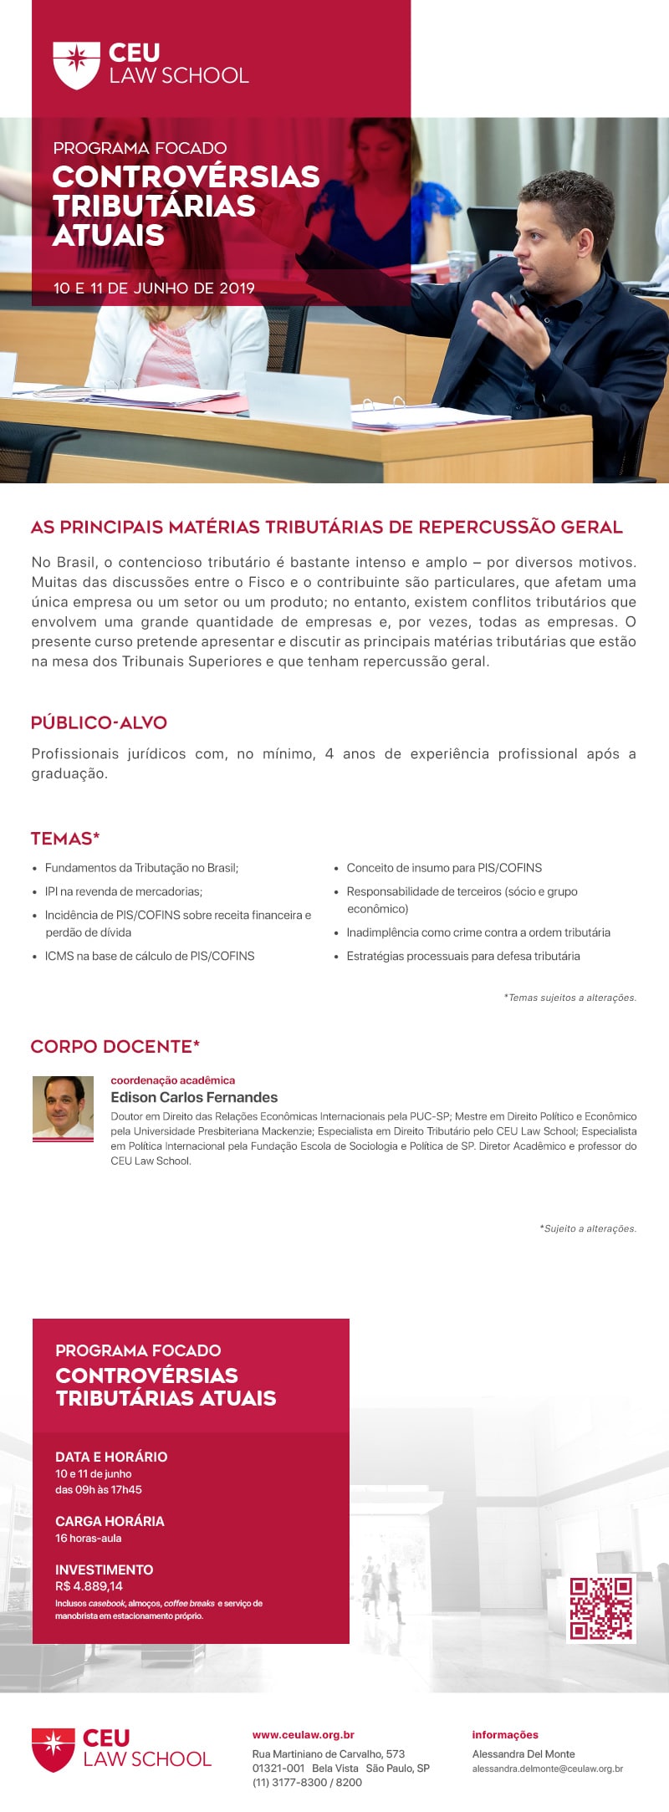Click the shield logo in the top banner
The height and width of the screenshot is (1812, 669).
pyautogui.click(x=76, y=64)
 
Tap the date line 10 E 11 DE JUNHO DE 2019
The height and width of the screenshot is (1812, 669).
pyautogui.click(x=154, y=288)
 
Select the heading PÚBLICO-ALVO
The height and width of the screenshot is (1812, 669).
pyautogui.click(x=99, y=722)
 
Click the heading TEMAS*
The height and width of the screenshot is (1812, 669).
pyautogui.click(x=65, y=839)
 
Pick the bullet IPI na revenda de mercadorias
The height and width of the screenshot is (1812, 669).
pyautogui.click(x=124, y=891)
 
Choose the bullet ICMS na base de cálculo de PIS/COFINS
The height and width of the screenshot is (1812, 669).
pyautogui.click(x=150, y=956)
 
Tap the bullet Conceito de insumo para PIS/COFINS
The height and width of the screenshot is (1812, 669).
pyautogui.click(x=444, y=868)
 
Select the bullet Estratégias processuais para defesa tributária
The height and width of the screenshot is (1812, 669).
pyautogui.click(x=463, y=956)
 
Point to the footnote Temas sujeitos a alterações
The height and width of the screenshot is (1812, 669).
pyautogui.click(x=570, y=998)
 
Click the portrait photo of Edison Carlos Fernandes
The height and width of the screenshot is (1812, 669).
pyautogui.click(x=63, y=1107)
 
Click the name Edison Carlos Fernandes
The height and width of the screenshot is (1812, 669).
pyautogui.click(x=194, y=1097)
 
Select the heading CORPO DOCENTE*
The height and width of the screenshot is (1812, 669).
pyautogui.click(x=115, y=1047)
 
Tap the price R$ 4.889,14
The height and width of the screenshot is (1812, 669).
pyautogui.click(x=89, y=1586)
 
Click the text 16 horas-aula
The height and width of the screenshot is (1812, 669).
pyautogui.click(x=89, y=1538)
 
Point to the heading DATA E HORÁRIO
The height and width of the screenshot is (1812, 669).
pyautogui.click(x=111, y=1457)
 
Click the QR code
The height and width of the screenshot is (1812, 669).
pyautogui.click(x=600, y=1608)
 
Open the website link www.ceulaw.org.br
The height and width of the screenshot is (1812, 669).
pyautogui.click(x=304, y=1735)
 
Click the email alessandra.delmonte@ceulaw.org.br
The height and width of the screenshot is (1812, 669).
pyautogui.click(x=548, y=1769)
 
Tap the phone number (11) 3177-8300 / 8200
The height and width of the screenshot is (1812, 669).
pyautogui.click(x=307, y=1782)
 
